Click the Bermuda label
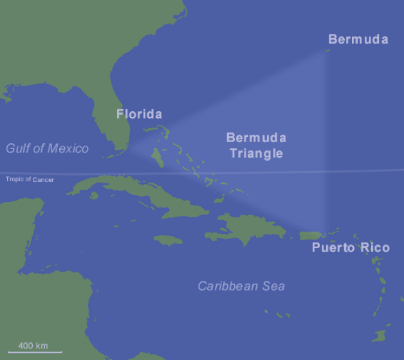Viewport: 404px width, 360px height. pyautogui.click(x=358, y=39)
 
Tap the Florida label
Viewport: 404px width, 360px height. pyautogui.click(x=139, y=114)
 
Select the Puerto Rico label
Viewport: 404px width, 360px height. pyautogui.click(x=351, y=248)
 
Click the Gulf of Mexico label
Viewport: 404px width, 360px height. pyautogui.click(x=47, y=148)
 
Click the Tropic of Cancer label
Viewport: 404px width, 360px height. pyautogui.click(x=30, y=179)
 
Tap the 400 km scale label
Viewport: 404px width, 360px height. pyautogui.click(x=33, y=346)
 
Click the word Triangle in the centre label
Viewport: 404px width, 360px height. pyautogui.click(x=255, y=154)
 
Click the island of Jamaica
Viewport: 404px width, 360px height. pyautogui.click(x=168, y=240)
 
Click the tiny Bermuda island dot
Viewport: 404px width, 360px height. pyautogui.click(x=328, y=48)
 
